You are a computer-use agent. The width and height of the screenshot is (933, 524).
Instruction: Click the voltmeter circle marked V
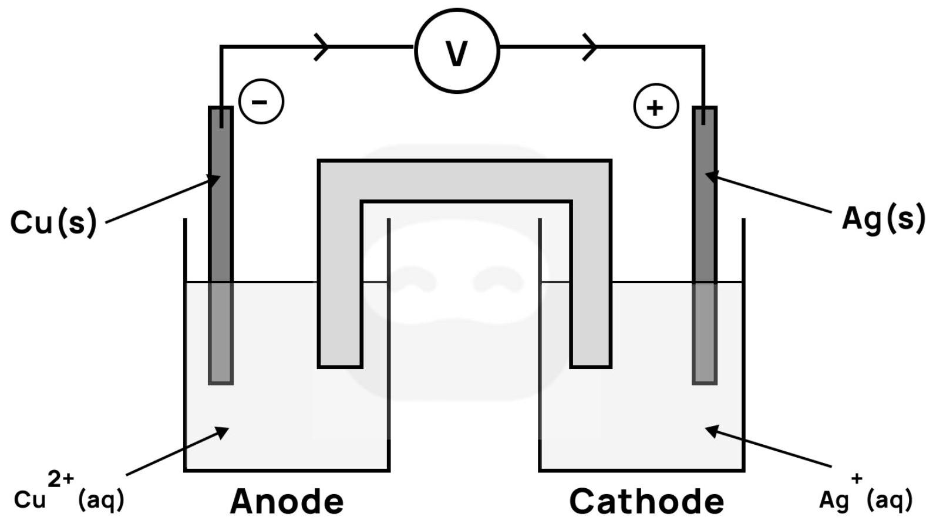(x=457, y=51)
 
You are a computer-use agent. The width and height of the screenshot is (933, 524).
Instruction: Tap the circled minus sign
(x=261, y=102)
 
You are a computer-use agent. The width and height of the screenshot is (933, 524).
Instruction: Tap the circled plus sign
(x=656, y=107)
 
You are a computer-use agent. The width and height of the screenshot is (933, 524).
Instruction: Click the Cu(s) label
(x=53, y=222)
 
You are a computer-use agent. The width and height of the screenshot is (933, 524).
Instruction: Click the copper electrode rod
(x=221, y=246)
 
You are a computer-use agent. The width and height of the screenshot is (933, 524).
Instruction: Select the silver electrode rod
(x=705, y=246)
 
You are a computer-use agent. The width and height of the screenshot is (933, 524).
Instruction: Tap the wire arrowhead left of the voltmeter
(x=321, y=46)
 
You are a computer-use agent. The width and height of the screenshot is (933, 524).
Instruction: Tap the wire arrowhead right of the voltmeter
(x=590, y=46)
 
